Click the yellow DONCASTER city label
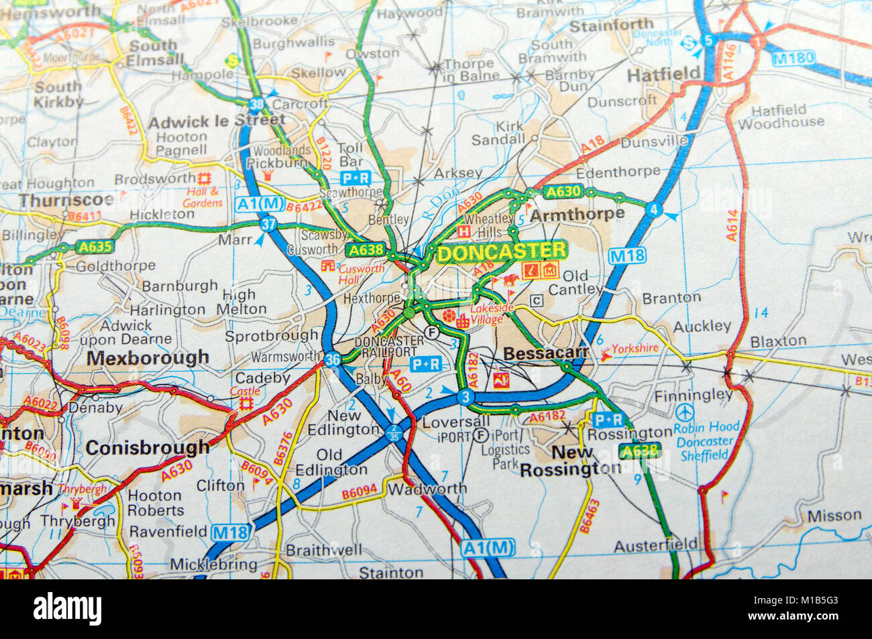pyautogui.click(x=501, y=252)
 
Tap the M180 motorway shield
pyautogui.click(x=793, y=58)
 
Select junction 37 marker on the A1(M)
pyautogui.click(x=268, y=224)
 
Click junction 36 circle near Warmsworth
pyautogui.click(x=332, y=359)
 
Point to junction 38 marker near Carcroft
pyautogui.click(x=256, y=104)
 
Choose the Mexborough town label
pyautogui.click(x=148, y=358)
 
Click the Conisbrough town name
pyautogui.click(x=148, y=447)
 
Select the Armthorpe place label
pyautogui.click(x=577, y=215)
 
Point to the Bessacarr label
pyautogui.click(x=545, y=353)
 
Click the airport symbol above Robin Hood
pyautogui.click(x=684, y=410)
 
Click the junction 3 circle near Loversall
pyautogui.click(x=465, y=397)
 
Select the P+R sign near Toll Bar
pyautogui.click(x=356, y=178)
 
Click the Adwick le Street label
pyautogui.click(x=216, y=121)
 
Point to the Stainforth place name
pyautogui.click(x=611, y=25)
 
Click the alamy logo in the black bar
pyautogui.click(x=68, y=609)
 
